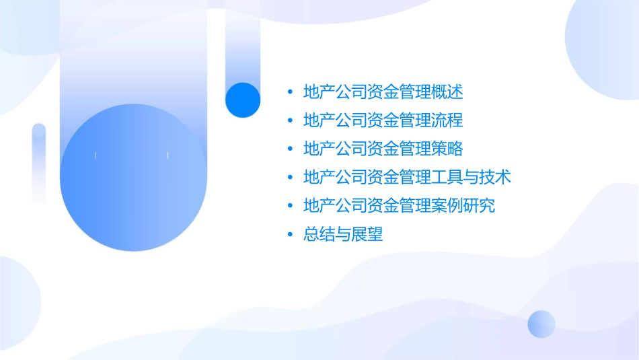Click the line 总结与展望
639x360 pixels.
pos(343,235)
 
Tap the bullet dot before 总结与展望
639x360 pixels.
pos(290,235)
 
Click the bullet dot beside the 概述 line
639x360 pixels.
pos(290,92)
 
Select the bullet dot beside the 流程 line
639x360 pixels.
pos(290,120)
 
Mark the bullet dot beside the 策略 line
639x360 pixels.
pos(290,149)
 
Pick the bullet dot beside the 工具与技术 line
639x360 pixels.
pos(290,178)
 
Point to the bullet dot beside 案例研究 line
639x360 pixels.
pos(290,206)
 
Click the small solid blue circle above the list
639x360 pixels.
pos(243,100)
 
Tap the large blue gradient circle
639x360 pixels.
pos(133,178)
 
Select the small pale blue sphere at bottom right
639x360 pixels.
pos(541,324)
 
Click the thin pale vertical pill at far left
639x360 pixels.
pos(39,163)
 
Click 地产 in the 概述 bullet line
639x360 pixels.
pos(319,92)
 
